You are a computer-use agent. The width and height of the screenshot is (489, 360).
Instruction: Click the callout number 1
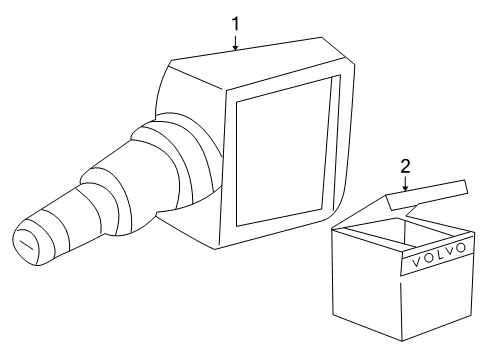point(236,24)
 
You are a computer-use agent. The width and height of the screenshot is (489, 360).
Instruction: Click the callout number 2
point(405,166)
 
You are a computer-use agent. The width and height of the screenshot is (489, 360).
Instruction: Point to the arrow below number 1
point(236,43)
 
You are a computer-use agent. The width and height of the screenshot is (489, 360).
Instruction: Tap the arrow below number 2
point(405,183)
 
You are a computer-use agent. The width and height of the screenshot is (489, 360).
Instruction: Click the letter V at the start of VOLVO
point(416,262)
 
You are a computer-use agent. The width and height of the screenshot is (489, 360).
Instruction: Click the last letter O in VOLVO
point(460,248)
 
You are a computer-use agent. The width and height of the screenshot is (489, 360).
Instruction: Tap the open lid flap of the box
point(427,195)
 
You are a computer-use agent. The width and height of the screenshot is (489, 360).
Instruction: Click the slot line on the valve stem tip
point(26,244)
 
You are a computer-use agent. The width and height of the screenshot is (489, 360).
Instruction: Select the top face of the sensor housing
point(258,63)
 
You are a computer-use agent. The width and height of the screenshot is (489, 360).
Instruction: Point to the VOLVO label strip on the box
point(437,256)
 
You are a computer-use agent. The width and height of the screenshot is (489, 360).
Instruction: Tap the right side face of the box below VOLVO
point(437,302)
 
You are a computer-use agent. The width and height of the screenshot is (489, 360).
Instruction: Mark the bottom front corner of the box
point(402,341)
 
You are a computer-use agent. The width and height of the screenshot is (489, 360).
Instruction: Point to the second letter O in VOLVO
point(427,259)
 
